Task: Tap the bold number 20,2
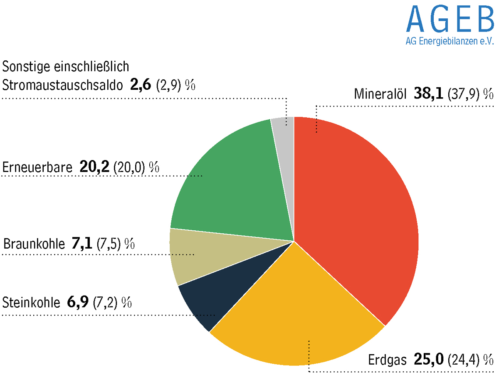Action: click(x=94, y=167)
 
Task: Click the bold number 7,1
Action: click(x=81, y=244)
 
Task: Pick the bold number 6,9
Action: click(x=77, y=302)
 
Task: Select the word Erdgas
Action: click(x=387, y=359)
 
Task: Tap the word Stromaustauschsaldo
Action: click(x=63, y=85)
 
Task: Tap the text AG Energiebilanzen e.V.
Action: click(x=449, y=42)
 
